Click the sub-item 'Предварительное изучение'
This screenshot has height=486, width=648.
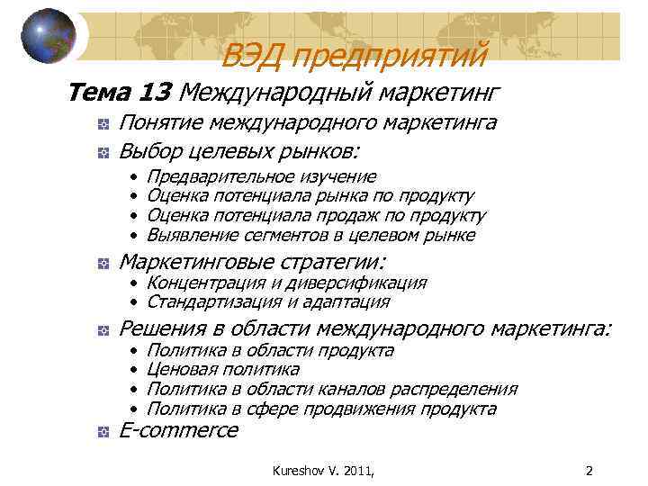[261, 176]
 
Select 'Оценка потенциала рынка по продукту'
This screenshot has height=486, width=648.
[310, 196]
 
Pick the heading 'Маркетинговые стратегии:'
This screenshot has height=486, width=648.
[252, 262]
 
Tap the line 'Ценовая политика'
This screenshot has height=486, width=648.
[222, 369]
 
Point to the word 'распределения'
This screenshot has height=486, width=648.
[459, 389]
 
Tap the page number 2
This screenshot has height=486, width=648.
[589, 469]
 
